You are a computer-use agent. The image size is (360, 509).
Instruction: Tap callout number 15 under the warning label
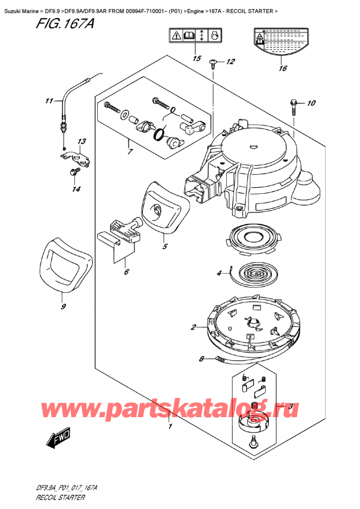coord(196,58)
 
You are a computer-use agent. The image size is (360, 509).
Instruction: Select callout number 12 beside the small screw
coord(231,62)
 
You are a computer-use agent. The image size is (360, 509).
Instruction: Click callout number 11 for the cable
coord(49,100)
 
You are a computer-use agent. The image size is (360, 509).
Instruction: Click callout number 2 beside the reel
coord(193,327)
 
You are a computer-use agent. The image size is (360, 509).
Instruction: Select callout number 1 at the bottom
coord(170,427)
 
